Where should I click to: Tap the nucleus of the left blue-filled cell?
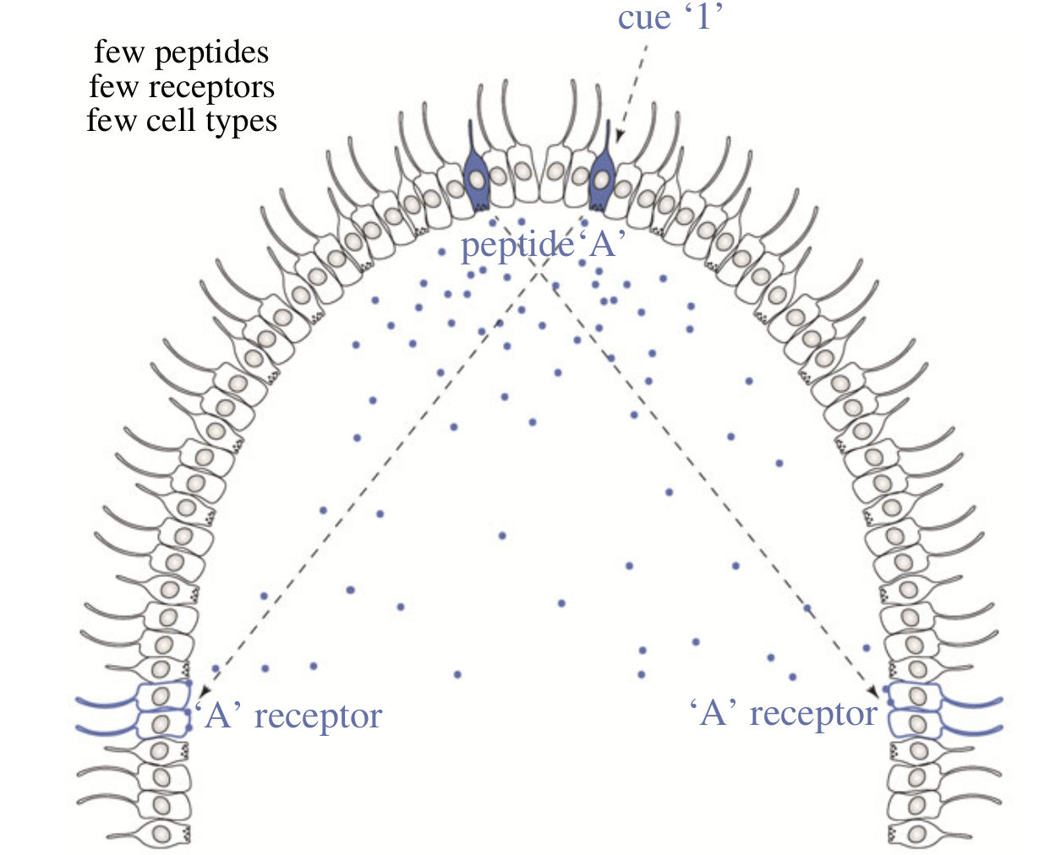[477, 180]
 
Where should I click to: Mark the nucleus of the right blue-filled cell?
[602, 180]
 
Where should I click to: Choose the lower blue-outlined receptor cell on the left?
[161, 723]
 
